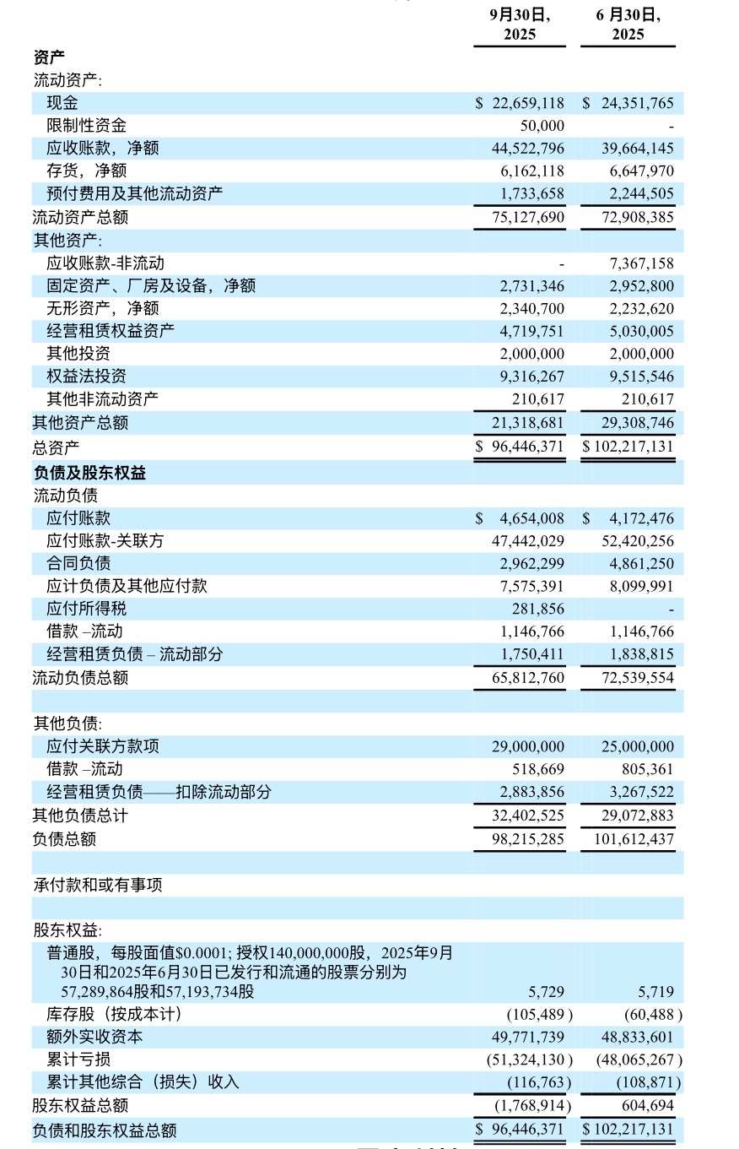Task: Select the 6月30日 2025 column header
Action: (628, 24)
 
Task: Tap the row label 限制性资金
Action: (86, 126)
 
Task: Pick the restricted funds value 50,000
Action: (542, 126)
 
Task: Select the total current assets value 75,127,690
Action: (528, 217)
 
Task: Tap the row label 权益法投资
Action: (86, 377)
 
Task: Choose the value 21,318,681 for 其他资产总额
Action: (528, 422)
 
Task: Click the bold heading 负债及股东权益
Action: (89, 473)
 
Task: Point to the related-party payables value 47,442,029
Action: (528, 540)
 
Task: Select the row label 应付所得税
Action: (86, 609)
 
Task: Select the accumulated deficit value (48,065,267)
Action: (639, 1060)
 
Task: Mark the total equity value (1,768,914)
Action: (532, 1105)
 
